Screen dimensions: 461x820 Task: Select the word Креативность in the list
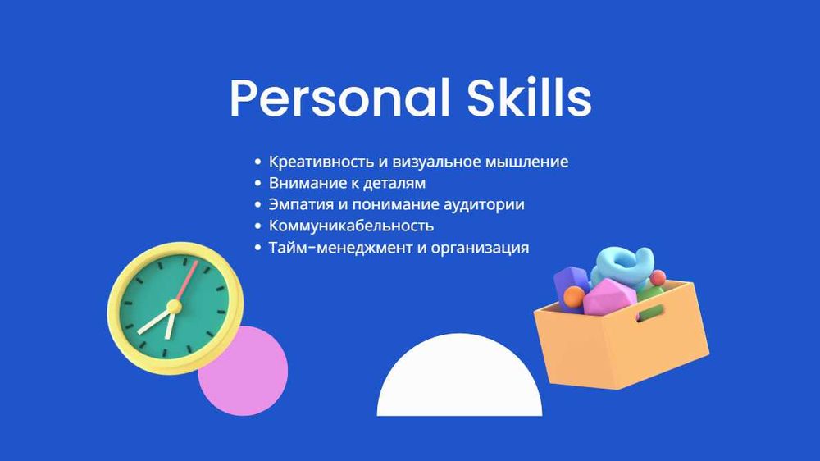[314, 162]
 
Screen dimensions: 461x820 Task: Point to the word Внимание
[303, 183]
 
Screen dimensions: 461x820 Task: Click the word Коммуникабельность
[351, 226]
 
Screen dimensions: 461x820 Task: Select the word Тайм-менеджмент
[341, 247]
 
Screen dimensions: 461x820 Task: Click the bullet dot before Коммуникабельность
[259, 226]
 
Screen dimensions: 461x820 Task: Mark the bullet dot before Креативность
[259, 162]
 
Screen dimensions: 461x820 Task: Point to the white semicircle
[459, 381]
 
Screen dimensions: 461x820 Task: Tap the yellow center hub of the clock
[173, 307]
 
